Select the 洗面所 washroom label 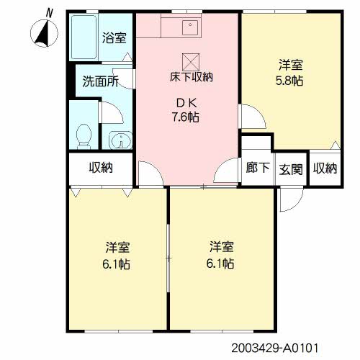point(100,81)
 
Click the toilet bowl point(84,134)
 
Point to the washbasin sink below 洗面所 point(117,140)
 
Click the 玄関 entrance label point(290,168)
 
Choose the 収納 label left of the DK point(100,168)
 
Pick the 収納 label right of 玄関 point(325,168)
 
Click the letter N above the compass point(48,12)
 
